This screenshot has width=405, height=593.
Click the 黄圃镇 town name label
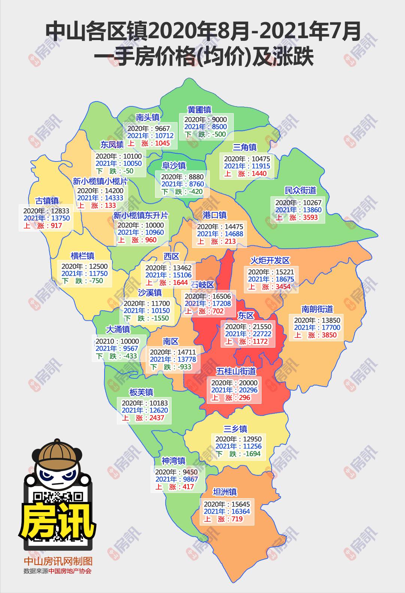[199, 110]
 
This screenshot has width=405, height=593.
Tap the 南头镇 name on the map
[148, 118]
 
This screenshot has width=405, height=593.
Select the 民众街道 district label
[300, 190]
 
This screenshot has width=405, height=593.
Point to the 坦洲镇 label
[225, 492]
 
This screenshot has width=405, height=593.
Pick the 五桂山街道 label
[236, 371]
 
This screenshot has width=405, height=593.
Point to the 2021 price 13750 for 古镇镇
[58, 218]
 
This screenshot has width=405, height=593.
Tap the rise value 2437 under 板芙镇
[156, 417]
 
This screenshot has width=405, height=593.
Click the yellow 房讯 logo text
[58, 520]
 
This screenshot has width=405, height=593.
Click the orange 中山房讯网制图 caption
[58, 561]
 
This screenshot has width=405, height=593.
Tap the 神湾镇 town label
[173, 460]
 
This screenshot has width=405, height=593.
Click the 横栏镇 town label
[82, 256]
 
